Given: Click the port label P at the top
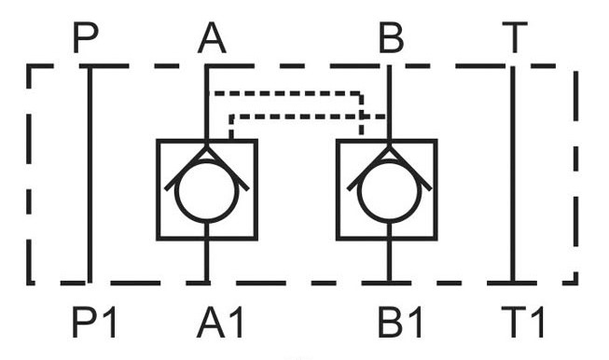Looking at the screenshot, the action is pyautogui.click(x=86, y=37).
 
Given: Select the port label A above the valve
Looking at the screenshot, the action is pyautogui.click(x=212, y=37).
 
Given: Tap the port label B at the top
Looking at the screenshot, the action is pyautogui.click(x=392, y=37).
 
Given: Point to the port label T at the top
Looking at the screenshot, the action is pyautogui.click(x=515, y=37).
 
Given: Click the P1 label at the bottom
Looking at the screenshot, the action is pyautogui.click(x=94, y=322).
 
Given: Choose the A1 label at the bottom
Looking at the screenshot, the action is pyautogui.click(x=220, y=322).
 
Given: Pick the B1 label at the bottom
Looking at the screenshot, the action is pyautogui.click(x=400, y=322).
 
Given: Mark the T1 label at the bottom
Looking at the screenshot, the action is pyautogui.click(x=523, y=322).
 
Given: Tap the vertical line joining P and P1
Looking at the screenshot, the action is pyautogui.click(x=90, y=174).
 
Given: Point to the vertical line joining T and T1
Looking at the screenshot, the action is pyautogui.click(x=513, y=174).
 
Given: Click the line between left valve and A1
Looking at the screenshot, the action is pyautogui.click(x=207, y=253).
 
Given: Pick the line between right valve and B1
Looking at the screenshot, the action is pyautogui.click(x=389, y=253).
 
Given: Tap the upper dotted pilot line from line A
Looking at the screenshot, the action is pyautogui.click(x=288, y=93).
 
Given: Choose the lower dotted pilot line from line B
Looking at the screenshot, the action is pyautogui.click(x=307, y=117).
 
